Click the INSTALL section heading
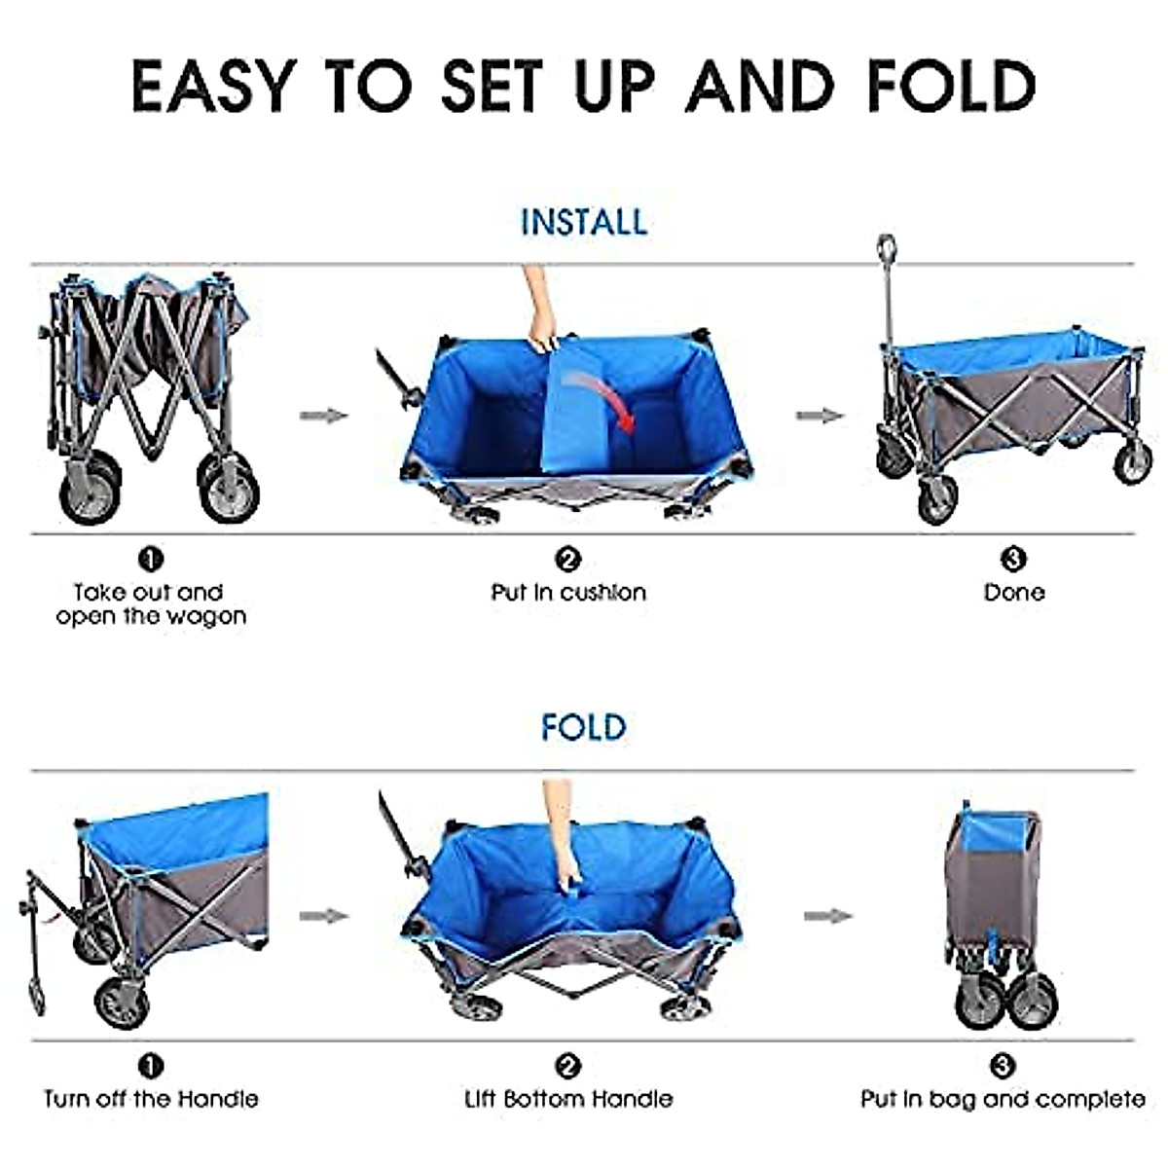pos(583,222)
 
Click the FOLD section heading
pos(583,727)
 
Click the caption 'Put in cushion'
pos(568,592)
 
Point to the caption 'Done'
pos(1013,592)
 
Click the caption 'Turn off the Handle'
pos(151,1099)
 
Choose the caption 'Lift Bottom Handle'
pos(568,1099)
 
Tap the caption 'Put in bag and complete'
pos(1003,1099)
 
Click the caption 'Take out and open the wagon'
pos(151,604)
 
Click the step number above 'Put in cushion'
pos(568,560)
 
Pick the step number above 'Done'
pos(1013,560)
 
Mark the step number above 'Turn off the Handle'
pos(151,1066)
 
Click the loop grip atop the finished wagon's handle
pos(886,248)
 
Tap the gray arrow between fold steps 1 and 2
pos(324,916)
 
